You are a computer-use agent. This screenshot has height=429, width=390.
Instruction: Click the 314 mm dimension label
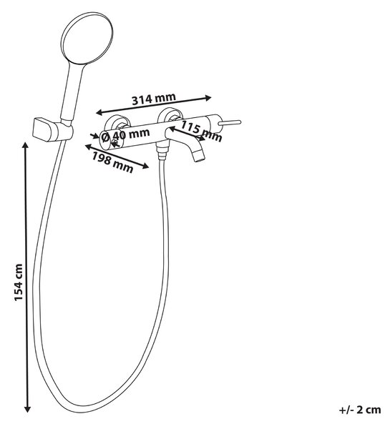pos(154,99)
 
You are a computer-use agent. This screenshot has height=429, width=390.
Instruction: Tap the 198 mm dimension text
pos(112,162)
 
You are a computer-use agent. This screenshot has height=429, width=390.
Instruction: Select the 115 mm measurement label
pos(201,131)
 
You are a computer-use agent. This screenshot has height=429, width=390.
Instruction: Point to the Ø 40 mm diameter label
pos(125,134)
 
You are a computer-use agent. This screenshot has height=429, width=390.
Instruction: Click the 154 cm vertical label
pos(18,282)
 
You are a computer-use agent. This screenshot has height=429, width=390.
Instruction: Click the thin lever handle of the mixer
pos(230,123)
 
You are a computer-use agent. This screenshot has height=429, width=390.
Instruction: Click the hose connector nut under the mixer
pos(162,152)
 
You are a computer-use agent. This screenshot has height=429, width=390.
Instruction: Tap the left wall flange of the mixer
pos(117,121)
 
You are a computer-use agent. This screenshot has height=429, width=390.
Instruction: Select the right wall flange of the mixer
pos(170,115)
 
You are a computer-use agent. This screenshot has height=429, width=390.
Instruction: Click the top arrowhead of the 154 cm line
pos(26,145)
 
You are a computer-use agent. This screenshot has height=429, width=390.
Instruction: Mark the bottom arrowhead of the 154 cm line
pos(27,408)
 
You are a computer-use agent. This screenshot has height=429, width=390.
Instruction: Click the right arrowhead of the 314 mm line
pos(208,98)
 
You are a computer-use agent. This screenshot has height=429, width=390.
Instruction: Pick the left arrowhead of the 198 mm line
pos(89,147)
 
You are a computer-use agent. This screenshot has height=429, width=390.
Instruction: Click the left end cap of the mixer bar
pos(105,140)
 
